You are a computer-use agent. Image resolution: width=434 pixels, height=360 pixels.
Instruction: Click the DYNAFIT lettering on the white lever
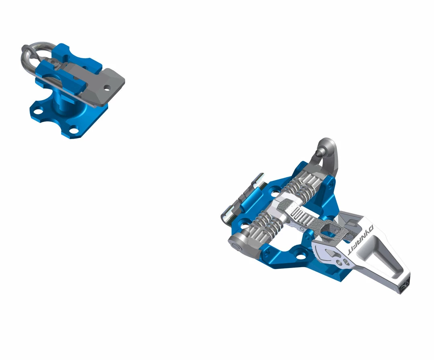(360, 239)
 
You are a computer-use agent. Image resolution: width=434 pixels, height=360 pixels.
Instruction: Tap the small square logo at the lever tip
(403, 286)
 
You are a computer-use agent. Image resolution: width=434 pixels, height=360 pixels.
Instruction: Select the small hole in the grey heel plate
(107, 88)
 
